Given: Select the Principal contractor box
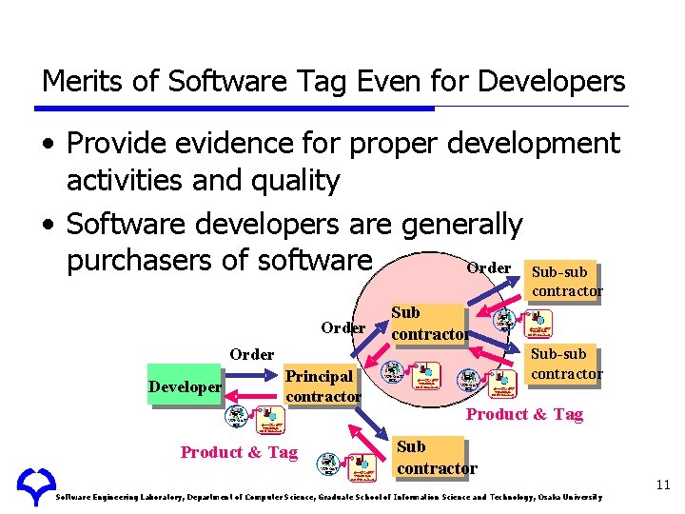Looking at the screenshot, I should (x=323, y=386).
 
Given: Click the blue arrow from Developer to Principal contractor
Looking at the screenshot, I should (x=253, y=380).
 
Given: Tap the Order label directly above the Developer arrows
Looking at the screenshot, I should (x=251, y=354).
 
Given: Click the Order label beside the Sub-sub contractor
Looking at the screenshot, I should (x=489, y=268).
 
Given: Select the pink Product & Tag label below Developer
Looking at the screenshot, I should (x=239, y=452).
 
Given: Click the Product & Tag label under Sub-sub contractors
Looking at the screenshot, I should (x=524, y=413).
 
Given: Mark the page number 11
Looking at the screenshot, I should (x=663, y=485).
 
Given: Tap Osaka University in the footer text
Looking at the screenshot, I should (x=571, y=497).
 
